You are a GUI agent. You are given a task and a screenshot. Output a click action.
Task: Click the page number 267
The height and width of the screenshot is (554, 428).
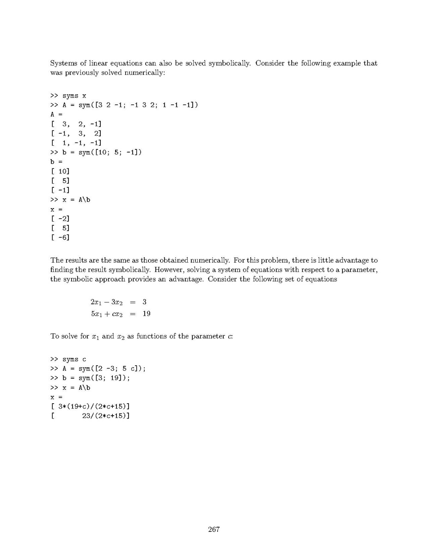point(214,529)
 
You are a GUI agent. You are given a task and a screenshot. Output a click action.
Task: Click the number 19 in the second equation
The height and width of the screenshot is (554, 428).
point(147,314)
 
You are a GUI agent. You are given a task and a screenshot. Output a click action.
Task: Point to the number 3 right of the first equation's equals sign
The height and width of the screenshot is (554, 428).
point(144,302)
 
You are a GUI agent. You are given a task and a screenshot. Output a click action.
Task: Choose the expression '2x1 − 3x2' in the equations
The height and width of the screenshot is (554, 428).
point(107,302)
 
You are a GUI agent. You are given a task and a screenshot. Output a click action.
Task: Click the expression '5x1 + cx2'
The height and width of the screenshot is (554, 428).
point(106,314)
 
